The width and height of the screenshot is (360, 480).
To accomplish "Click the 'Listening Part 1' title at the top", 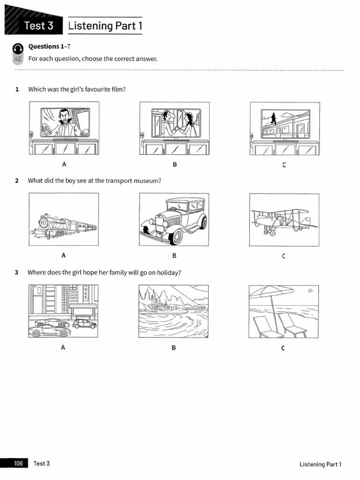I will [105, 26].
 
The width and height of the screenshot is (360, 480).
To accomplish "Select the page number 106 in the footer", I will [18, 464].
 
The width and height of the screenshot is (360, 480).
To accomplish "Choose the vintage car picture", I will [174, 219].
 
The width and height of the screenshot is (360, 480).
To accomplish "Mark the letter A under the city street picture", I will [63, 347].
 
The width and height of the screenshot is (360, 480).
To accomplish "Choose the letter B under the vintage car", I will [174, 255].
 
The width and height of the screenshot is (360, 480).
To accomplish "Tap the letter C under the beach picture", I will [283, 348].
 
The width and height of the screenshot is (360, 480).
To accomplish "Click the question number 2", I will [16, 180].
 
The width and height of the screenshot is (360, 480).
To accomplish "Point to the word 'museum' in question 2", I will [150, 180].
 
